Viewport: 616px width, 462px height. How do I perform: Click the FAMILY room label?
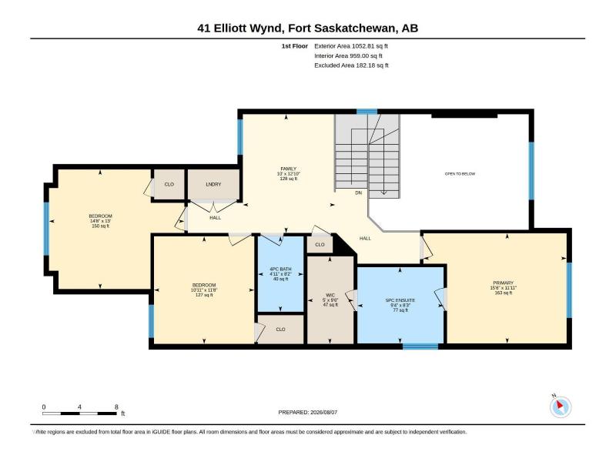(288, 169)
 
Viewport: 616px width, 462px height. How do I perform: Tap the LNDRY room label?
(213, 184)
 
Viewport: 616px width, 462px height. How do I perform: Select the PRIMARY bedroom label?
(504, 283)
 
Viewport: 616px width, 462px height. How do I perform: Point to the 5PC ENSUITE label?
(400, 300)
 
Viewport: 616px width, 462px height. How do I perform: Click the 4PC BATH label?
(280, 269)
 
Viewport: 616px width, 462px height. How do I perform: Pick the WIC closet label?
(330, 295)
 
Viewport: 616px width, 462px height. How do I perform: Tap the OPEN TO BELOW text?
(460, 174)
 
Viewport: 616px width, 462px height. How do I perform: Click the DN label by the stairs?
(358, 193)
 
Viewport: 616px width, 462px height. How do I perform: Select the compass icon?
(561, 407)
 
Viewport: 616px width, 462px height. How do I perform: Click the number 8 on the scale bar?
(116, 407)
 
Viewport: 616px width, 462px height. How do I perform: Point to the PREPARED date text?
(307, 412)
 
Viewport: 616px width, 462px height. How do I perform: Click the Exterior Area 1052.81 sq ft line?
(351, 46)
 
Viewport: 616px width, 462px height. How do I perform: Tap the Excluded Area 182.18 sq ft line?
(351, 65)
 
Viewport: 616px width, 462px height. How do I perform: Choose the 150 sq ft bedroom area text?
(101, 226)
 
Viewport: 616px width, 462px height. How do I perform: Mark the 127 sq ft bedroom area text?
(204, 295)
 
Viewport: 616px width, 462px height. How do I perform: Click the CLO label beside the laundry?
(169, 184)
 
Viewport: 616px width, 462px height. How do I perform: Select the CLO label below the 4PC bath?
(280, 330)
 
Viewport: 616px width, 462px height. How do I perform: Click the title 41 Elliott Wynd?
(239, 28)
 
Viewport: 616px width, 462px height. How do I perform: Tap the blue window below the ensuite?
(420, 346)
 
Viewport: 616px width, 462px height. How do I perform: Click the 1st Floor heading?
(295, 46)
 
